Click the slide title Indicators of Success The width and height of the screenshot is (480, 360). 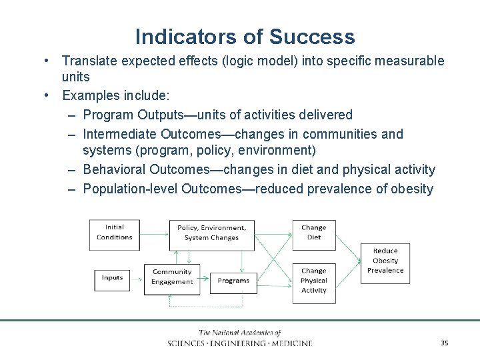(245, 36)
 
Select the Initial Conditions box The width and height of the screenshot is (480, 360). (114, 233)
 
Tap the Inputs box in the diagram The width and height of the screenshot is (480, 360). (112, 278)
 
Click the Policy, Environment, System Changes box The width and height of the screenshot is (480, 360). (211, 233)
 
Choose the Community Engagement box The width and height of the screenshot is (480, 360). (171, 277)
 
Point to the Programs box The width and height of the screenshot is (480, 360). (233, 281)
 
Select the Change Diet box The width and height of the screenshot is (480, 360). (313, 233)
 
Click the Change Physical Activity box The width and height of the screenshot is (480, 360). (313, 281)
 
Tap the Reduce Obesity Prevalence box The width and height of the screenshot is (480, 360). (385, 261)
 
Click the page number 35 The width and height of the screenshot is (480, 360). (444, 343)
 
